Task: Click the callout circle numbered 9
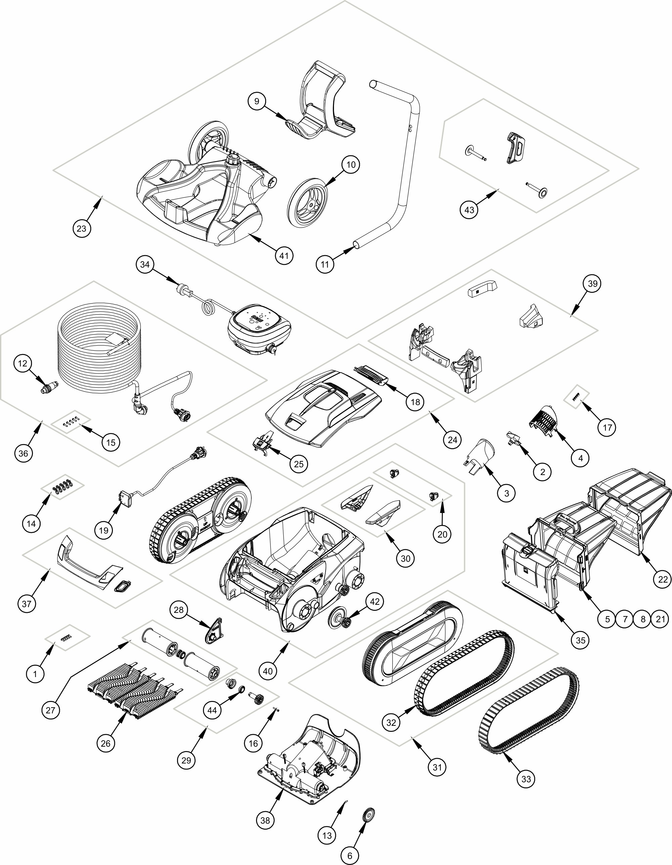pyautogui.click(x=257, y=102)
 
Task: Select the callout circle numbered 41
pyautogui.click(x=284, y=255)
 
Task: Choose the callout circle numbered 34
pyautogui.click(x=145, y=264)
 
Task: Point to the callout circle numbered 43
pyautogui.click(x=469, y=209)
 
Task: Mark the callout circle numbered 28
pyautogui.click(x=179, y=610)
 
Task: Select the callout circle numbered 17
pyautogui.click(x=607, y=427)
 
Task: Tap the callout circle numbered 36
pyautogui.click(x=23, y=453)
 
